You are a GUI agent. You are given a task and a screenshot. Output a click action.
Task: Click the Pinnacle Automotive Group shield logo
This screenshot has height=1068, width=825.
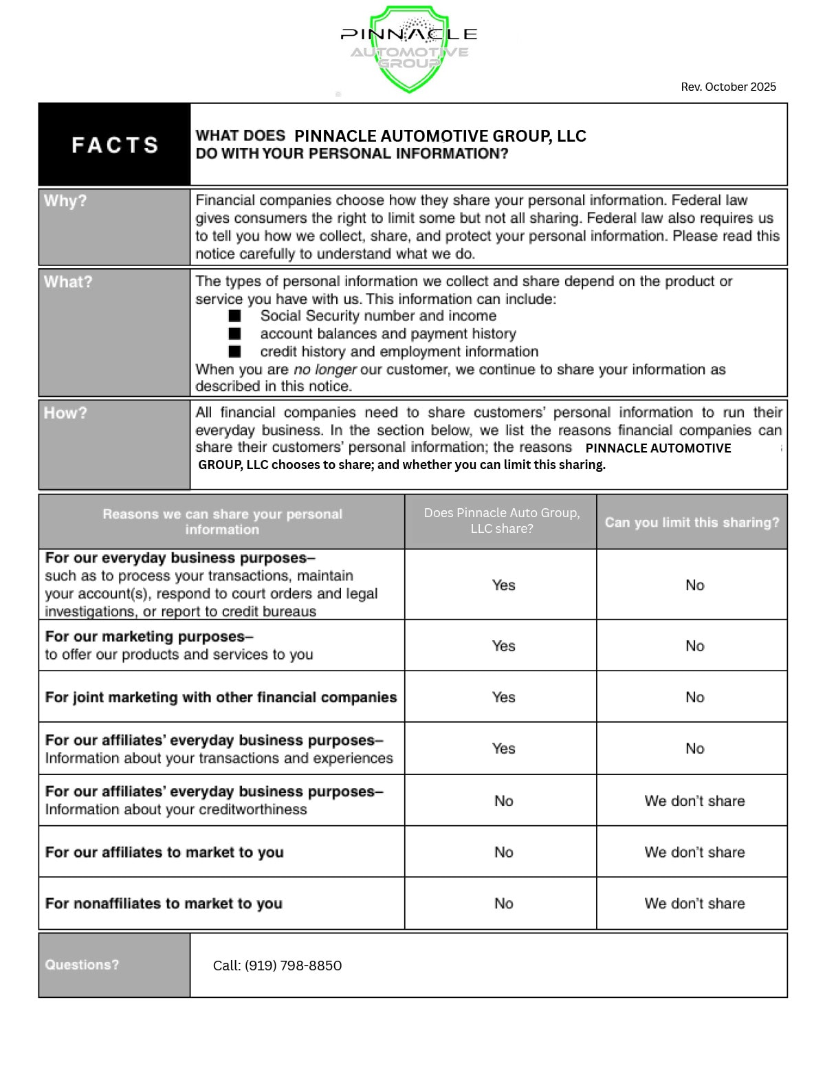pyautogui.click(x=409, y=48)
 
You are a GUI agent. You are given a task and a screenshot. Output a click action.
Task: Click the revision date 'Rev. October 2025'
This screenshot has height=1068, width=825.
pyautogui.click(x=728, y=87)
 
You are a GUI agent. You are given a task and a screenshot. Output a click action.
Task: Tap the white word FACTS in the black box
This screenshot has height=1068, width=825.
pyautogui.click(x=115, y=145)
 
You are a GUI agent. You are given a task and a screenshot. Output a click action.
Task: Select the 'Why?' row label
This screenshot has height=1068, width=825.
pyautogui.click(x=65, y=201)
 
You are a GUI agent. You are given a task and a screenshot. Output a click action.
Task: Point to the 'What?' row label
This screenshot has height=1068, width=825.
pyautogui.click(x=67, y=282)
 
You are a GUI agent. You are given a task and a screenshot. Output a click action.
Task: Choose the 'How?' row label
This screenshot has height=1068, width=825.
pyautogui.click(x=65, y=413)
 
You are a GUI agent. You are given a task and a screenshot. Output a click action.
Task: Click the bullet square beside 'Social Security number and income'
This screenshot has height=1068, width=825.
pyautogui.click(x=235, y=316)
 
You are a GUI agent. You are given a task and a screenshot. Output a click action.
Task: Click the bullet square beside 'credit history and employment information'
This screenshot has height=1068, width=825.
pyautogui.click(x=235, y=351)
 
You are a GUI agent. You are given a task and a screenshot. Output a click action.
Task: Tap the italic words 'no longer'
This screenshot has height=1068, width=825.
pyautogui.click(x=324, y=369)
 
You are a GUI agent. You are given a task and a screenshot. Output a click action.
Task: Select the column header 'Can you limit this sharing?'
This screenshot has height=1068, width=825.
pyautogui.click(x=692, y=522)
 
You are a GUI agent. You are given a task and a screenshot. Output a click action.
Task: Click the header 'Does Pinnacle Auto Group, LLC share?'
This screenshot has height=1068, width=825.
pyautogui.click(x=501, y=521)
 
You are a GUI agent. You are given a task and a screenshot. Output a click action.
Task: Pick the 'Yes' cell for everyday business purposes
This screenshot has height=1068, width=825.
pyautogui.click(x=503, y=585)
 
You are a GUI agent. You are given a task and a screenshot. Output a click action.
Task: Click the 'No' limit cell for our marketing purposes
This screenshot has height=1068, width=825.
pyautogui.click(x=694, y=646)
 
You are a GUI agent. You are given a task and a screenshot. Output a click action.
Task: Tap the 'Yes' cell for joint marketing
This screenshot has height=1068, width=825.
pyautogui.click(x=503, y=697)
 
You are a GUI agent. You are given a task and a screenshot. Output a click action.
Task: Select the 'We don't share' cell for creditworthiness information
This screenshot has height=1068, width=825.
pyautogui.click(x=694, y=800)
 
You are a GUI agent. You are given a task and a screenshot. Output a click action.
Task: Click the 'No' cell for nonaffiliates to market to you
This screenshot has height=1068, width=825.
pyautogui.click(x=503, y=904)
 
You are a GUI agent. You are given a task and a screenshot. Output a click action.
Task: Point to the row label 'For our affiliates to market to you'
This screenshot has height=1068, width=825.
pyautogui.click(x=164, y=852)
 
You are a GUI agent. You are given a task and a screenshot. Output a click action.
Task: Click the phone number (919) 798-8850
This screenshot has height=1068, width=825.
pyautogui.click(x=293, y=966)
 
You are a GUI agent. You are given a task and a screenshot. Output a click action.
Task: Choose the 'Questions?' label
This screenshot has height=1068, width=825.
pyautogui.click(x=82, y=965)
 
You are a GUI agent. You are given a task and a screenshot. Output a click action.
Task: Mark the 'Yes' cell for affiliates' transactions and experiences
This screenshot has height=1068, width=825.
pyautogui.click(x=503, y=748)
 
